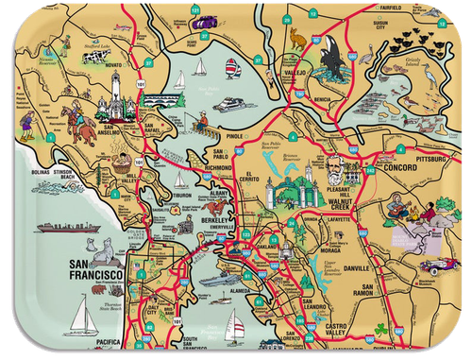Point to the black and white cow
pyautogui.click(x=92, y=58)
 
